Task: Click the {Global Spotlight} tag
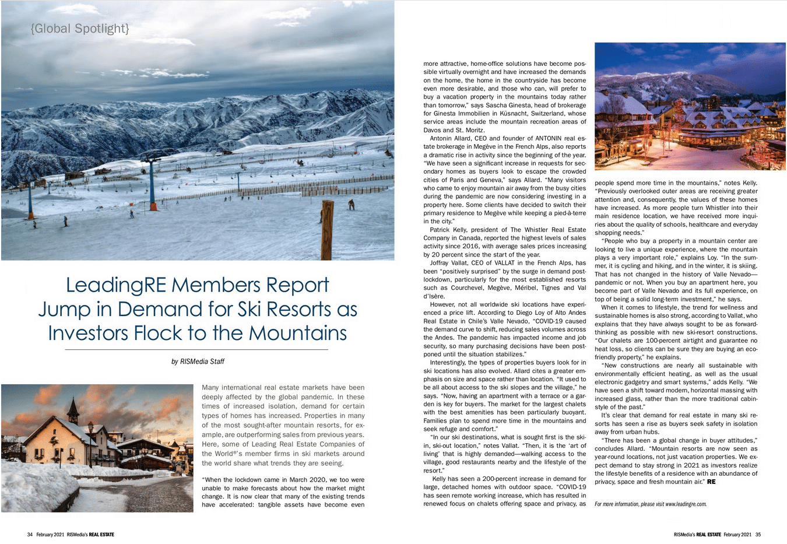[80, 28]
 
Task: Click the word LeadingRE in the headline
[116, 285]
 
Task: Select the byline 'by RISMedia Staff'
[198, 362]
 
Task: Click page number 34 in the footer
[30, 535]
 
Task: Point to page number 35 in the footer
[758, 535]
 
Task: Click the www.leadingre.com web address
[686, 504]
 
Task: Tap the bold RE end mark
[711, 482]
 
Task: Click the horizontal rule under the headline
[196, 349]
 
